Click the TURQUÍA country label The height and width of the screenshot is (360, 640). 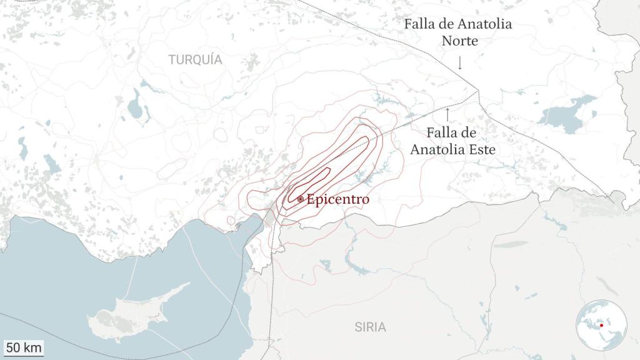195,60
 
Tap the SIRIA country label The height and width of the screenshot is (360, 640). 370,327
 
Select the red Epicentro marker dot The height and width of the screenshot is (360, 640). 301,199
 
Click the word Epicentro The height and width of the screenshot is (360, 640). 338,199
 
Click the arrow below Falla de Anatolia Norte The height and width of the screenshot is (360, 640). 460,62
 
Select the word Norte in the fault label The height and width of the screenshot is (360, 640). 460,41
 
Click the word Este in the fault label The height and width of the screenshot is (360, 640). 479,150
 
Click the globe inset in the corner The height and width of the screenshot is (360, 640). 601,325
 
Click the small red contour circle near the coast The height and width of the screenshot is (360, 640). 231,221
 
